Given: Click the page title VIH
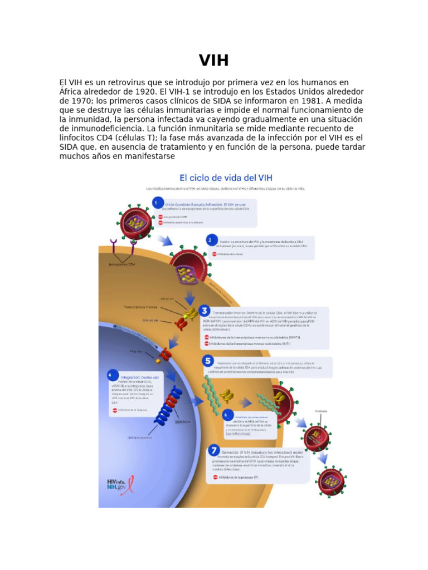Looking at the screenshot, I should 214,60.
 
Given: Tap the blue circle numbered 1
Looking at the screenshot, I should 158,203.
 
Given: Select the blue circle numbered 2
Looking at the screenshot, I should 210,240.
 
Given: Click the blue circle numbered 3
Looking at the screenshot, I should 206,311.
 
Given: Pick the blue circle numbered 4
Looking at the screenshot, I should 111,375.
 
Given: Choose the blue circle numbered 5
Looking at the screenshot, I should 207,361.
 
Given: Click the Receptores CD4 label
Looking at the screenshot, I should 121,264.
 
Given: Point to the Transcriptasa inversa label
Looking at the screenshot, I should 140,307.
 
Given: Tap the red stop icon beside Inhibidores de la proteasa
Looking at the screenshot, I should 215,477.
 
